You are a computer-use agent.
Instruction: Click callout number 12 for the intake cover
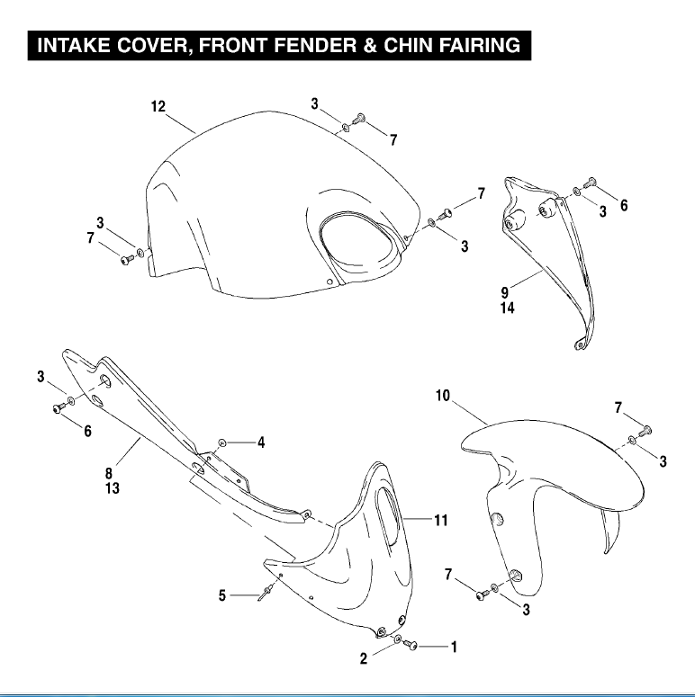click(x=158, y=107)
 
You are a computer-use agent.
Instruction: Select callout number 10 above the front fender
click(x=443, y=396)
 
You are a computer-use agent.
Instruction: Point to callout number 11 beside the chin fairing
click(x=441, y=520)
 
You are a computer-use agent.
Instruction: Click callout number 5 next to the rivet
click(x=222, y=595)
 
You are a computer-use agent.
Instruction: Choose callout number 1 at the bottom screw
click(x=454, y=647)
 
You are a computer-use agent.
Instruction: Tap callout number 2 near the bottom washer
click(x=364, y=658)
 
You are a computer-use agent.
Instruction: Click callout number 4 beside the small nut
click(x=261, y=442)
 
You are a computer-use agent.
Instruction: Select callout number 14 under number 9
click(x=507, y=308)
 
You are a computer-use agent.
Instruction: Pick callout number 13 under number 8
click(x=113, y=488)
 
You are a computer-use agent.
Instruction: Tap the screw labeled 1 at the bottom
click(x=411, y=645)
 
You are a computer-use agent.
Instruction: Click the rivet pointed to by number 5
click(x=266, y=592)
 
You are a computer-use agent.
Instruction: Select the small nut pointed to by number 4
click(x=222, y=442)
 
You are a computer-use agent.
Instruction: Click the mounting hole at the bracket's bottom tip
click(x=579, y=344)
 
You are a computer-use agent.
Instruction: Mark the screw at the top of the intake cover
click(x=358, y=118)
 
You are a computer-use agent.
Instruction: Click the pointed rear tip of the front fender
click(x=606, y=552)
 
